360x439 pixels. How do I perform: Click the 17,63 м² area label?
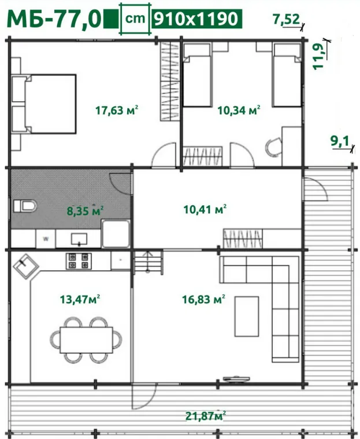[117, 110]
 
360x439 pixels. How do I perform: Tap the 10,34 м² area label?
[239, 110]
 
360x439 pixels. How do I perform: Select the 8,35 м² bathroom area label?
[85, 211]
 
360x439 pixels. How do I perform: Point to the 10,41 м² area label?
[205, 209]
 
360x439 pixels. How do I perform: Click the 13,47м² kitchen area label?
[80, 299]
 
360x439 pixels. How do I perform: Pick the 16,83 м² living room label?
[203, 299]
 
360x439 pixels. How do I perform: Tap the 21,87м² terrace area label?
[206, 416]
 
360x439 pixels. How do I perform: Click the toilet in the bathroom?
[25, 206]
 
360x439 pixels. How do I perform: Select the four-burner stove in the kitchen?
[79, 261]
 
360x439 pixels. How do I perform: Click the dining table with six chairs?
[86, 340]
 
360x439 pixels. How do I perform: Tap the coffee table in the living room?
[246, 316]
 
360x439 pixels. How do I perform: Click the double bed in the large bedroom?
[44, 104]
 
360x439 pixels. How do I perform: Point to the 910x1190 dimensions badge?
[196, 19]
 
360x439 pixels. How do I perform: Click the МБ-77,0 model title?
[54, 19]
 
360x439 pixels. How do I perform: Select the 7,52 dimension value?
[286, 19]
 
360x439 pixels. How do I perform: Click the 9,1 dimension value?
[340, 141]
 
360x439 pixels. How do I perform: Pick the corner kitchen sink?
[26, 266]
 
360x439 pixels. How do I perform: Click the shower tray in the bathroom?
[116, 234]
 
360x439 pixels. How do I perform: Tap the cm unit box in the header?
[135, 19]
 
